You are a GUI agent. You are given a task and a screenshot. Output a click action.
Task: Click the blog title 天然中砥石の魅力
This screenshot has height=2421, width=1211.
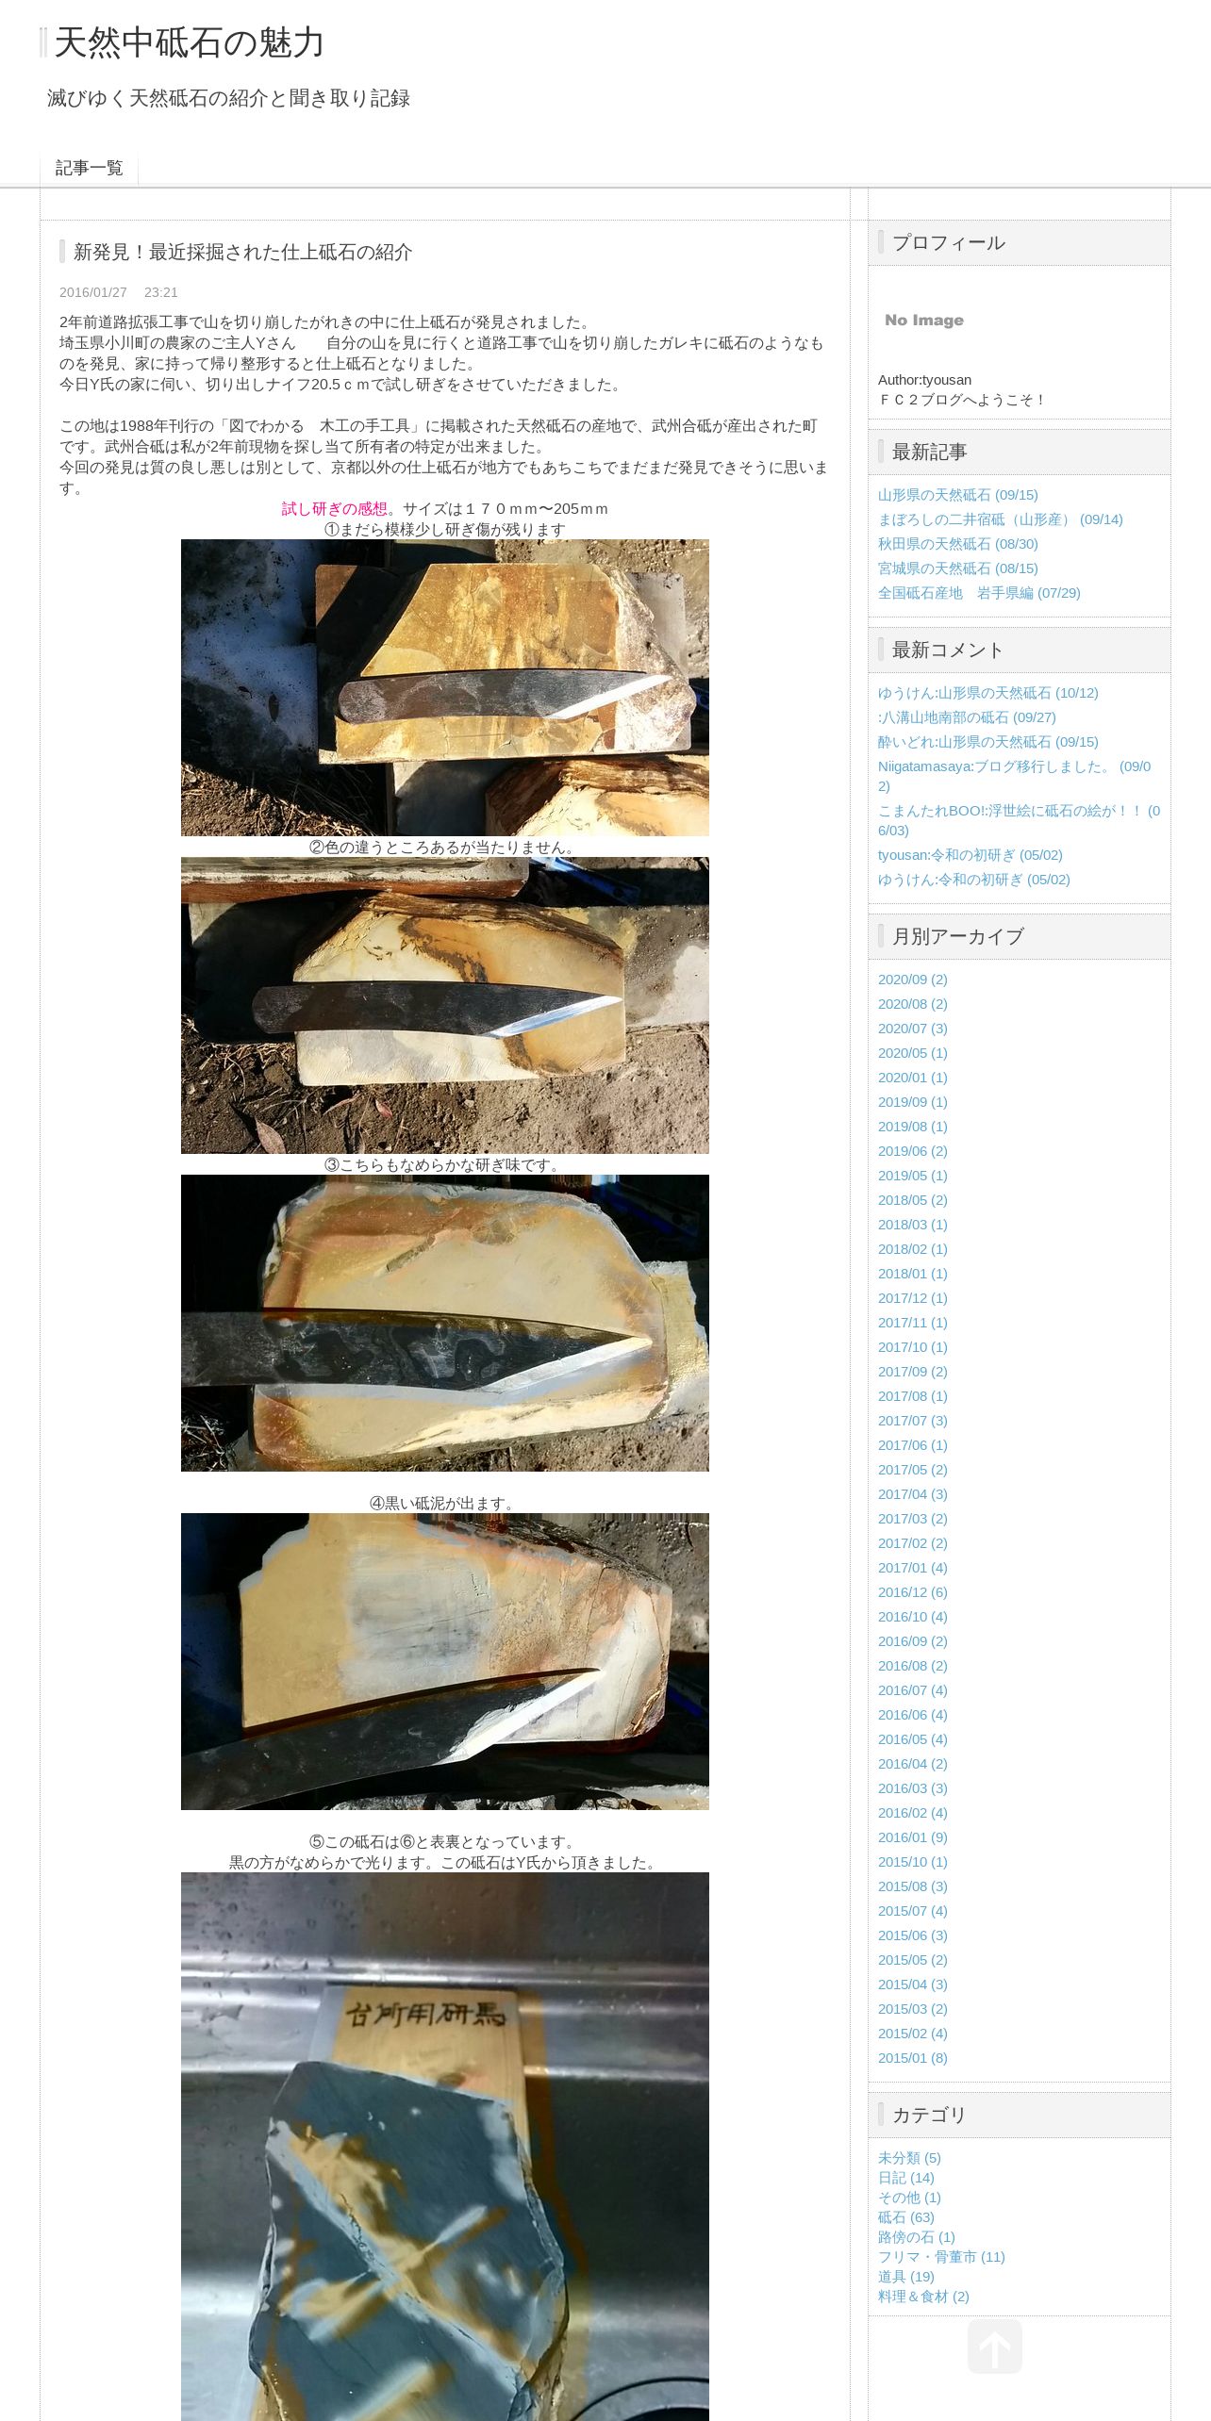pos(189,43)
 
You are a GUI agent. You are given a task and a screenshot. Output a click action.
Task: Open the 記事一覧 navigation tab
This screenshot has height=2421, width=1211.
pos(90,168)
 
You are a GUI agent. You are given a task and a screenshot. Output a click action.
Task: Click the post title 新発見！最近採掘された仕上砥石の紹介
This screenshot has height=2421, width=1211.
pos(243,252)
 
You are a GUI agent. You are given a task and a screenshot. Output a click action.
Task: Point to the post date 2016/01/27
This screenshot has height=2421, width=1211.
pos(93,292)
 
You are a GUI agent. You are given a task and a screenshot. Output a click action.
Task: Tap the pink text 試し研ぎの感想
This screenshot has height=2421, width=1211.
pos(335,509)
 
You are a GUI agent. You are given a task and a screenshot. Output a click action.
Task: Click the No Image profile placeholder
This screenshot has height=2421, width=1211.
pos(924,321)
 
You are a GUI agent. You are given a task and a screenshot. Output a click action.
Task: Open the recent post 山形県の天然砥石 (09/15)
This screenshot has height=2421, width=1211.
pos(958,495)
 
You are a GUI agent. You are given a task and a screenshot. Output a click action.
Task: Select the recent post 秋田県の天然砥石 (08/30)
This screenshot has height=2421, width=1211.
pos(958,544)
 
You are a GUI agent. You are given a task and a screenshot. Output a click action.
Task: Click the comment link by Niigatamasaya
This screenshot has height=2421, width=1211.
pos(1014,776)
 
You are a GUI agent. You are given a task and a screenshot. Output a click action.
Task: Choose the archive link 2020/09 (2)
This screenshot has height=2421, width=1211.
pos(913,980)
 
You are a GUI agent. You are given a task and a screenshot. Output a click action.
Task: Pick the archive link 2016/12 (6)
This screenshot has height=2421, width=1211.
pos(913,1592)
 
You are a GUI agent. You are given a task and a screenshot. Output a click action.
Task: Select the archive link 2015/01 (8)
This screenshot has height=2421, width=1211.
pos(913,2058)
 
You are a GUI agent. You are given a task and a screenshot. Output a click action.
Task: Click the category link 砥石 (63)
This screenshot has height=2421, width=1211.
pos(906,2217)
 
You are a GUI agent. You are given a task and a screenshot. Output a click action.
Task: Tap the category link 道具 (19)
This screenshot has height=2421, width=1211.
pos(906,2277)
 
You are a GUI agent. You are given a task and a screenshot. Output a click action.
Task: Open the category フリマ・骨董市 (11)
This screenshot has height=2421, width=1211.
pos(941,2257)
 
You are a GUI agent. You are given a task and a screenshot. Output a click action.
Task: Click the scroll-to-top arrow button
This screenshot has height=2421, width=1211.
pos(995,2347)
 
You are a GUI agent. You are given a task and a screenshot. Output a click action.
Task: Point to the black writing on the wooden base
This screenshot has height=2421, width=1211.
pos(425,2016)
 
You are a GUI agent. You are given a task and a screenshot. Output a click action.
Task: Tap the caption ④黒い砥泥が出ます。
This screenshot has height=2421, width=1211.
pos(445,1504)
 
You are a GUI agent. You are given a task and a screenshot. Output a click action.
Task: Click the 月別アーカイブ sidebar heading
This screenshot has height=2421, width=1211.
pos(958,937)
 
